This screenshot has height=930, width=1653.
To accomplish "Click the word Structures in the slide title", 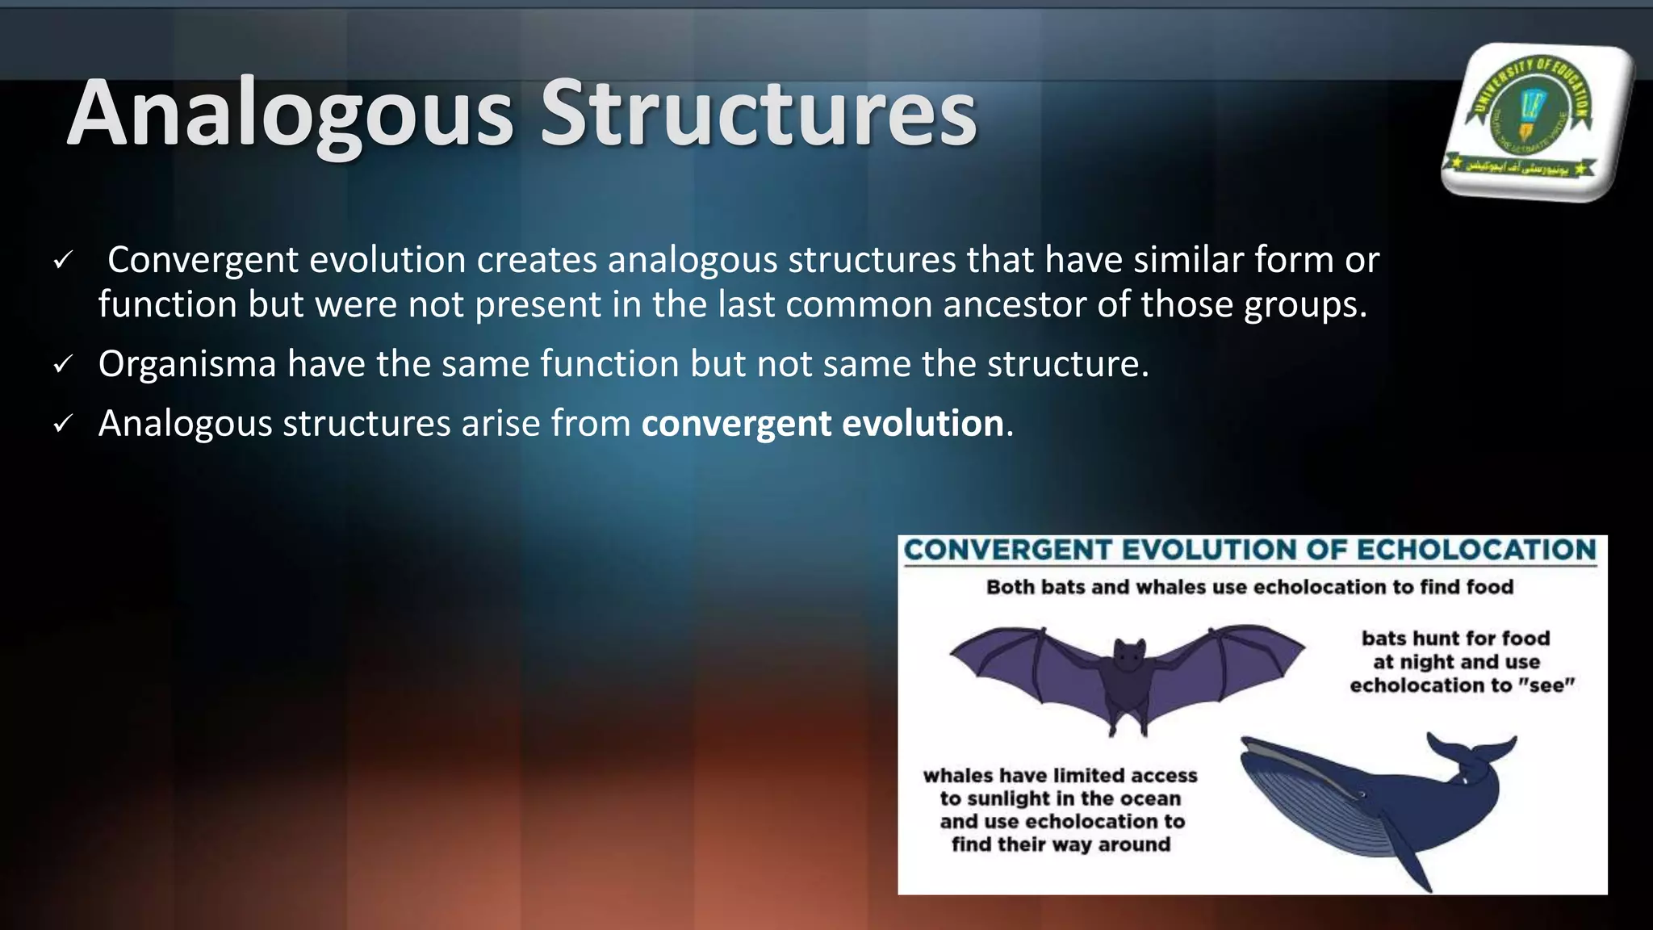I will (x=758, y=115).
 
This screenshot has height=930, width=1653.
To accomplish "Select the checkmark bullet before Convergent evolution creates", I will (x=62, y=261).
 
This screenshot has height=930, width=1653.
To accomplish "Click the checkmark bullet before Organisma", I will (x=62, y=365).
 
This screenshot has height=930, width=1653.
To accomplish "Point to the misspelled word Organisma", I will (x=187, y=365).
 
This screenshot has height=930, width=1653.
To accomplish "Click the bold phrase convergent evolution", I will (x=822, y=424).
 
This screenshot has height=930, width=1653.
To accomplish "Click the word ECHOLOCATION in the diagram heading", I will (x=1476, y=551).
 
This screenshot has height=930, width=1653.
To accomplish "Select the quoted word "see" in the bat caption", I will (x=1546, y=685).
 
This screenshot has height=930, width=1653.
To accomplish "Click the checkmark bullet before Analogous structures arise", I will (x=62, y=424).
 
